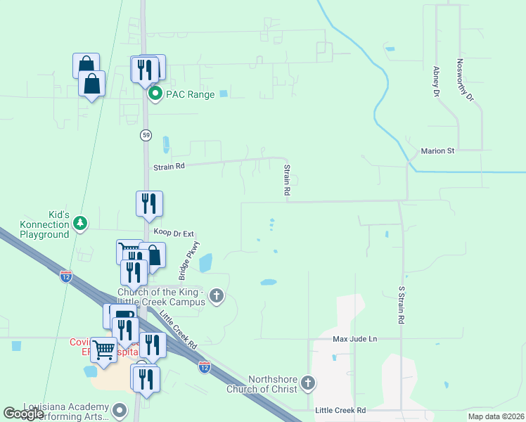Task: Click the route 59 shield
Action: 146,134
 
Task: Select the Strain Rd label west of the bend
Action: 169,167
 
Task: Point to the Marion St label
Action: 438,151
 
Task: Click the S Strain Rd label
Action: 402,305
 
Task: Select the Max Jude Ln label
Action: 355,339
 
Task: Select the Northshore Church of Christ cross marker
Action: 307,383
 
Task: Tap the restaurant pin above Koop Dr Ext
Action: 149,204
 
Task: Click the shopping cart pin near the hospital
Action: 104,350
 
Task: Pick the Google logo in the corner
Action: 23,414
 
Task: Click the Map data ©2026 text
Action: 496,416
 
